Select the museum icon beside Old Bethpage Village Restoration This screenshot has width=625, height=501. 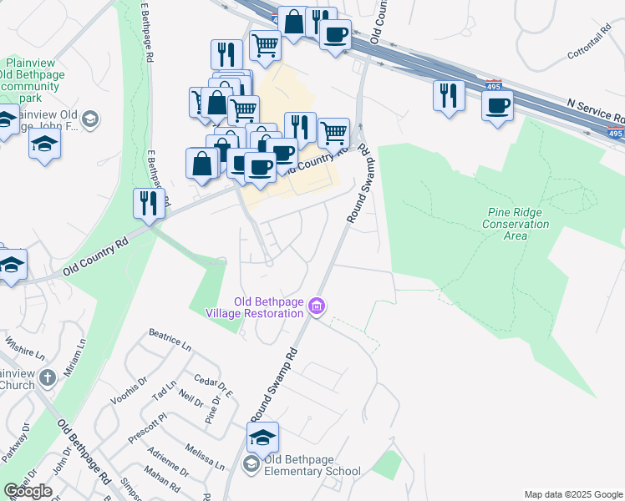[x=316, y=306]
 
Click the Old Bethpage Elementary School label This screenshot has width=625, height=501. [x=312, y=465]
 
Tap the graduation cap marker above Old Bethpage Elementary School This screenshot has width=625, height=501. [x=262, y=438]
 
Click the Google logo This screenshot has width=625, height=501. [x=28, y=491]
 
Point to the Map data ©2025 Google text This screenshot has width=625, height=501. [x=573, y=494]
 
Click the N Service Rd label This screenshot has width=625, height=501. [x=594, y=106]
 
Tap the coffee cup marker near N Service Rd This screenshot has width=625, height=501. [x=497, y=105]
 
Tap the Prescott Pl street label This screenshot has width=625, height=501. [x=148, y=426]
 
